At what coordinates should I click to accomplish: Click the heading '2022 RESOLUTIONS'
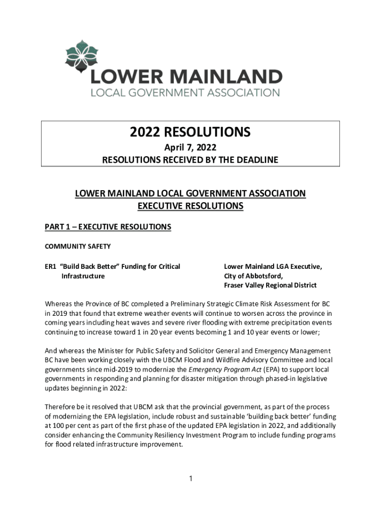pyautogui.click(x=190, y=132)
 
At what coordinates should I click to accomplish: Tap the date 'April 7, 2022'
pyautogui.click(x=190, y=147)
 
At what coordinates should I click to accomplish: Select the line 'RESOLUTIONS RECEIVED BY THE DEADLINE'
pyautogui.click(x=190, y=160)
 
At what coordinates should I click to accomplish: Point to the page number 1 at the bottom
pyautogui.click(x=190, y=478)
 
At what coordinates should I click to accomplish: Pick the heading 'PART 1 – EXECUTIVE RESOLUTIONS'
pyautogui.click(x=108, y=227)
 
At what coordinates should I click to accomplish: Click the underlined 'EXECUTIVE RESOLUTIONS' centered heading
pyautogui.click(x=190, y=206)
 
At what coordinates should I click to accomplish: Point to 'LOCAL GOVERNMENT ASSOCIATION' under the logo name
pyautogui.click(x=185, y=92)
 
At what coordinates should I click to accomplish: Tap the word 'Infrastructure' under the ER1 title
pyautogui.click(x=83, y=276)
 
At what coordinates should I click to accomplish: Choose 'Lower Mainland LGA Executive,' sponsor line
pyautogui.click(x=273, y=267)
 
